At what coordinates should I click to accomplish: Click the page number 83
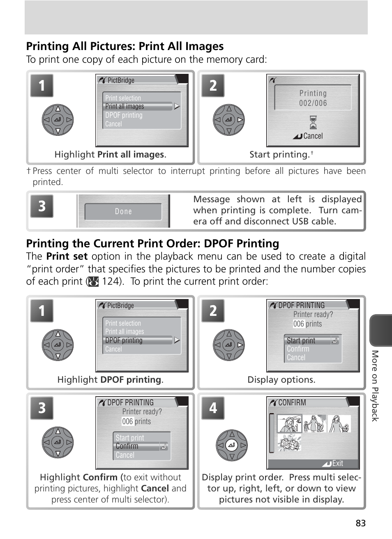coord(360,523)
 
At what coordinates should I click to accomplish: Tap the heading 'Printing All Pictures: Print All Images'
coord(125,46)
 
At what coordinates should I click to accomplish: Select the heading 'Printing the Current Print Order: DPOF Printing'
coord(152,243)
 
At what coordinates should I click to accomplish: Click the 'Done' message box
coord(123,212)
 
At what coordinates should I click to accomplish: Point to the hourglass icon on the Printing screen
coord(313,122)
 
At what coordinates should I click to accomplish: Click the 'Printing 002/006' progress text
coord(313,98)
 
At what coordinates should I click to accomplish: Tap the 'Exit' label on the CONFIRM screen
coord(337,464)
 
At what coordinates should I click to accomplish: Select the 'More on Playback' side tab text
coord(375,386)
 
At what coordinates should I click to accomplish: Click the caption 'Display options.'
coord(281,380)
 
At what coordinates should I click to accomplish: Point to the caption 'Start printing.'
coord(279,155)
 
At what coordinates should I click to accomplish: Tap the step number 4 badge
coord(213,408)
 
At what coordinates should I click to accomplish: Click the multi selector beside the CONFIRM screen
coord(232,445)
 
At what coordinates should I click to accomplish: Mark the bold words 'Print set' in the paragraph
coord(67,256)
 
